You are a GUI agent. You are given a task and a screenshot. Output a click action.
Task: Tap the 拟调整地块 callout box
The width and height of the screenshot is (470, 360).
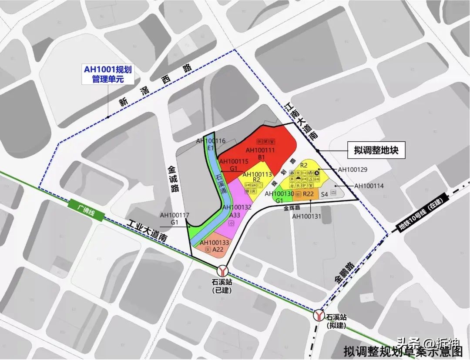(x=376, y=151)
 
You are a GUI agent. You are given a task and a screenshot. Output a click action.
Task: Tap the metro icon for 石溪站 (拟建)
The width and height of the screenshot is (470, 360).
(x=319, y=315)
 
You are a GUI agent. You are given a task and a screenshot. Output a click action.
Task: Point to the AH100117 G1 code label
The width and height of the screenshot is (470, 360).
(x=174, y=218)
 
